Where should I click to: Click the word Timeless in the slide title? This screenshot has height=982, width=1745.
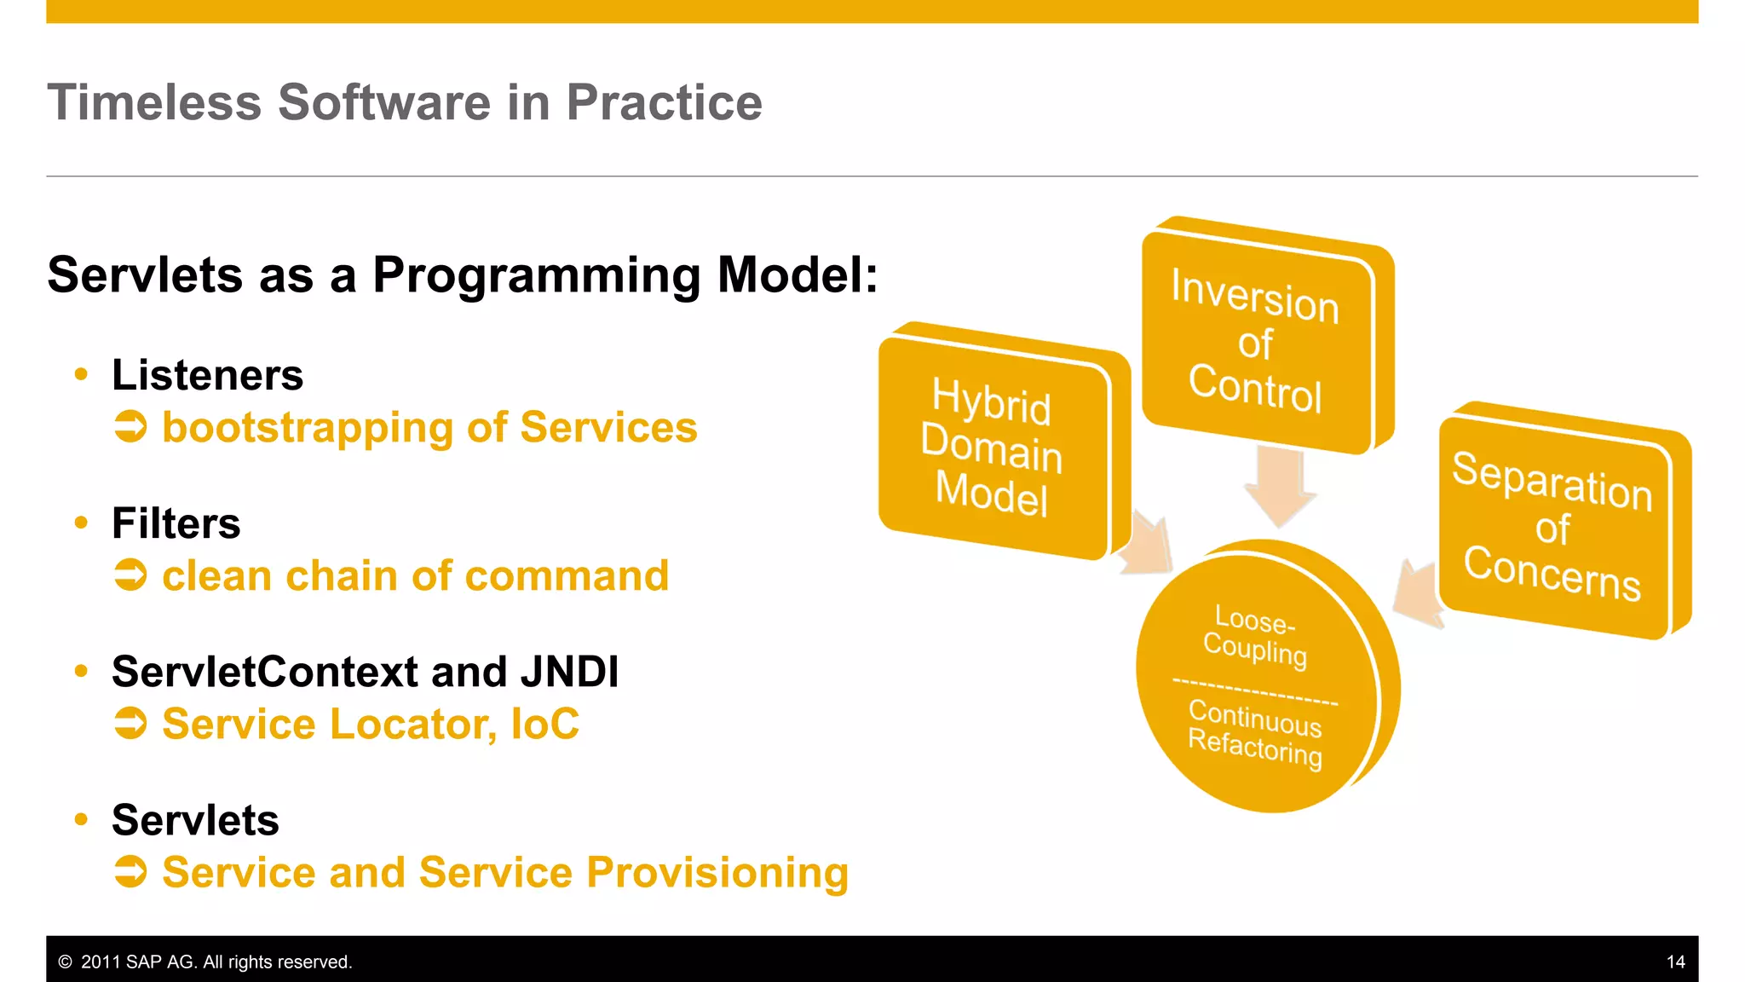[154, 103]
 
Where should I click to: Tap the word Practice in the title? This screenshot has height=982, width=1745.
[664, 103]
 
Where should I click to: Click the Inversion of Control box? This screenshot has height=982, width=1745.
[1256, 341]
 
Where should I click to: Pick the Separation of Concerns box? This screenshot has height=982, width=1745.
[1552, 526]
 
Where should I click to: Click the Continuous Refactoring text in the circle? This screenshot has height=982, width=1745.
[1255, 733]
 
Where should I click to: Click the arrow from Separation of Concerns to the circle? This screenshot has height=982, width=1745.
[1419, 593]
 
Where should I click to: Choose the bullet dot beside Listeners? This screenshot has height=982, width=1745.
[81, 374]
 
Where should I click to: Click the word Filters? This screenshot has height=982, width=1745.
[176, 523]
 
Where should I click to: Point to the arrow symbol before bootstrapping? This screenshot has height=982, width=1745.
[130, 427]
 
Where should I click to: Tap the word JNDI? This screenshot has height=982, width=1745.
[569, 672]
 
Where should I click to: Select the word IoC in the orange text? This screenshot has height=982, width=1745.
[544, 725]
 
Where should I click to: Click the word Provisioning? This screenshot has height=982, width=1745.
[717, 873]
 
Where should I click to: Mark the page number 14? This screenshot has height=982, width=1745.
[1675, 962]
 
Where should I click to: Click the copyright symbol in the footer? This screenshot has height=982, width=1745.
[65, 962]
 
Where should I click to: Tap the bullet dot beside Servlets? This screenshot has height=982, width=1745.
[81, 820]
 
